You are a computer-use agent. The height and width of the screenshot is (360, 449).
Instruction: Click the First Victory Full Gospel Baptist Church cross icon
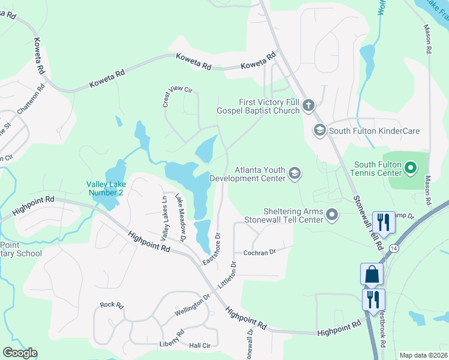[309, 106]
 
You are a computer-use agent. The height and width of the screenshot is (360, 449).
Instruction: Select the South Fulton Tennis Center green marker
[411, 168]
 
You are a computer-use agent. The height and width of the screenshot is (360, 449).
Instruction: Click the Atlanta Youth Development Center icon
[294, 173]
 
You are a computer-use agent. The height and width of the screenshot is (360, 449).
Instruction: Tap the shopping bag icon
[372, 274]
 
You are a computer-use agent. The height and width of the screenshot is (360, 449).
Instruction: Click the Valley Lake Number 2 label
[105, 188]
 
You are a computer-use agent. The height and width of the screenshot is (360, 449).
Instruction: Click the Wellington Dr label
[193, 304]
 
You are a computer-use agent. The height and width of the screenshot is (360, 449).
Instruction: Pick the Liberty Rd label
[172, 338]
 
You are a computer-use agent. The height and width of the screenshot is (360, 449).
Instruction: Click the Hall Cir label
[199, 345]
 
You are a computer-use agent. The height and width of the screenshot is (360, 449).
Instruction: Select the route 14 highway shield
[394, 247]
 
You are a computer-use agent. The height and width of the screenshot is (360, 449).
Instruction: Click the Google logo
[19, 353]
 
